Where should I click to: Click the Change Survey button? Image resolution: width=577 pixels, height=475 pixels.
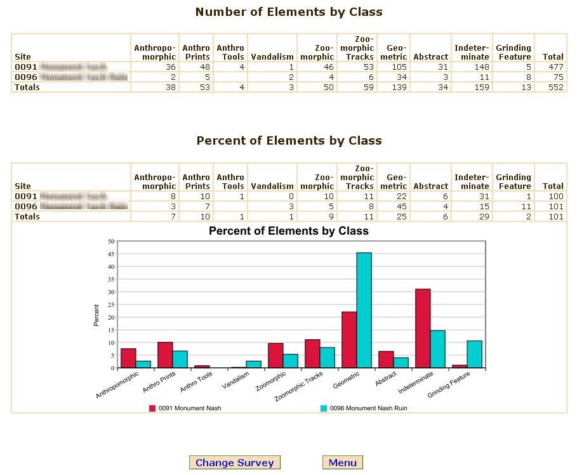point(235,463)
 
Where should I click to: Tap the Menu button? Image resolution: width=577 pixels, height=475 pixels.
point(343,463)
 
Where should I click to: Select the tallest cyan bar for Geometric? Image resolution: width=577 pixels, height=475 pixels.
point(364,310)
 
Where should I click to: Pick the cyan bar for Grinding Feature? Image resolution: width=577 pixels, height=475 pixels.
point(475,354)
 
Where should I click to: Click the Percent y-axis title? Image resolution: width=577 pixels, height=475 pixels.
point(96,315)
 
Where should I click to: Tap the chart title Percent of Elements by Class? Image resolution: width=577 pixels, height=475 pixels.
point(289,231)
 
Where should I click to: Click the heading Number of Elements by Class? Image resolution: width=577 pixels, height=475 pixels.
point(289,12)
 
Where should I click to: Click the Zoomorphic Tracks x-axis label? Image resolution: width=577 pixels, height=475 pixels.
point(300,387)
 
